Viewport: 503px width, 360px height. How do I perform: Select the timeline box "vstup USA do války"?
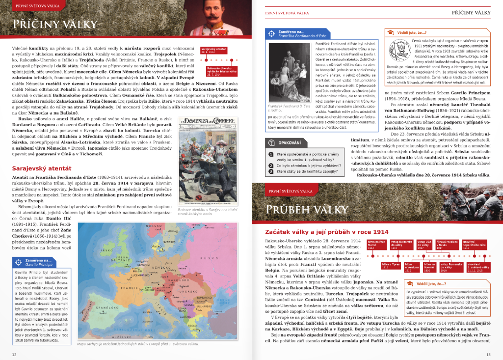425,245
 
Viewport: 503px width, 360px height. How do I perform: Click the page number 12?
14,354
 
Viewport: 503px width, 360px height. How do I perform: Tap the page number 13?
488,354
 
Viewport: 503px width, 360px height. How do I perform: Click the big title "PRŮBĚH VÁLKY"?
299,210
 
